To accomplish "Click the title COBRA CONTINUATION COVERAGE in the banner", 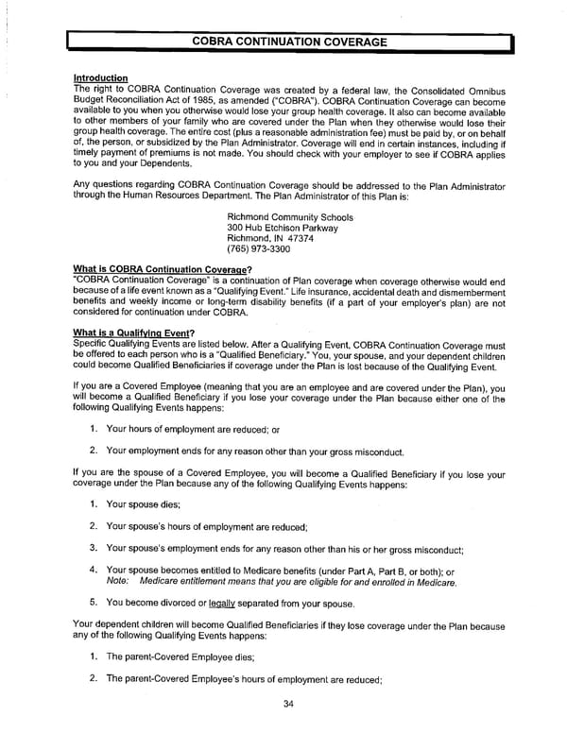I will point(289,43).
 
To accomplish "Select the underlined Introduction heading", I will point(99,77).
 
